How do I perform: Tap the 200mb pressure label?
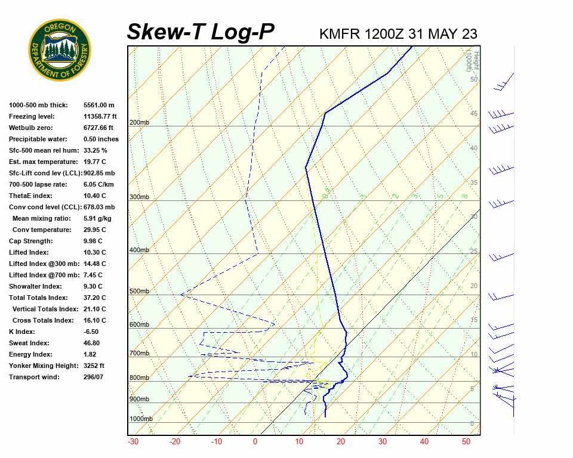139,122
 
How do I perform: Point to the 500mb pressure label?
139,291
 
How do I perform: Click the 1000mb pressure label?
141,419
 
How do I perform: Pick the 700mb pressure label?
139,354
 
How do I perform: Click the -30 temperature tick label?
133,442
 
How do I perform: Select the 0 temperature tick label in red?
255,442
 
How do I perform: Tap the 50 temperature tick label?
466,442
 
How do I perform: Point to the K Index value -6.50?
93,332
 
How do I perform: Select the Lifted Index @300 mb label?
41,264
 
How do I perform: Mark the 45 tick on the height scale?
474,114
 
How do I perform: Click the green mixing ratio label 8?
464,196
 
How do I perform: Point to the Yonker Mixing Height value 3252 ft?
94,366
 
